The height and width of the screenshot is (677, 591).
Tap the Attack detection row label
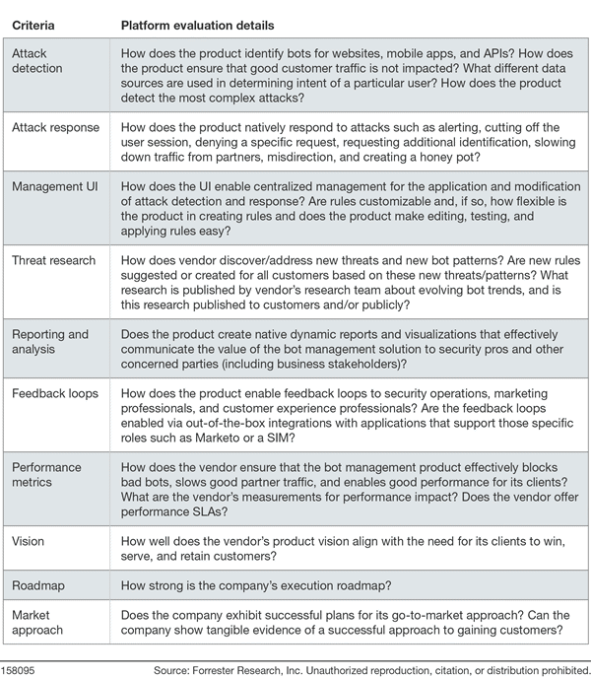pyautogui.click(x=39, y=62)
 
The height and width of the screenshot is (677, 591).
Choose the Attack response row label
pyautogui.click(x=54, y=127)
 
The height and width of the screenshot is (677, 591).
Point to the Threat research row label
pyautogui.click(x=53, y=261)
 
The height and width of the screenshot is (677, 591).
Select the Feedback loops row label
pyautogui.click(x=55, y=393)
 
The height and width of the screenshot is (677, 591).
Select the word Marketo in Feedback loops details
pyautogui.click(x=354, y=424)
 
